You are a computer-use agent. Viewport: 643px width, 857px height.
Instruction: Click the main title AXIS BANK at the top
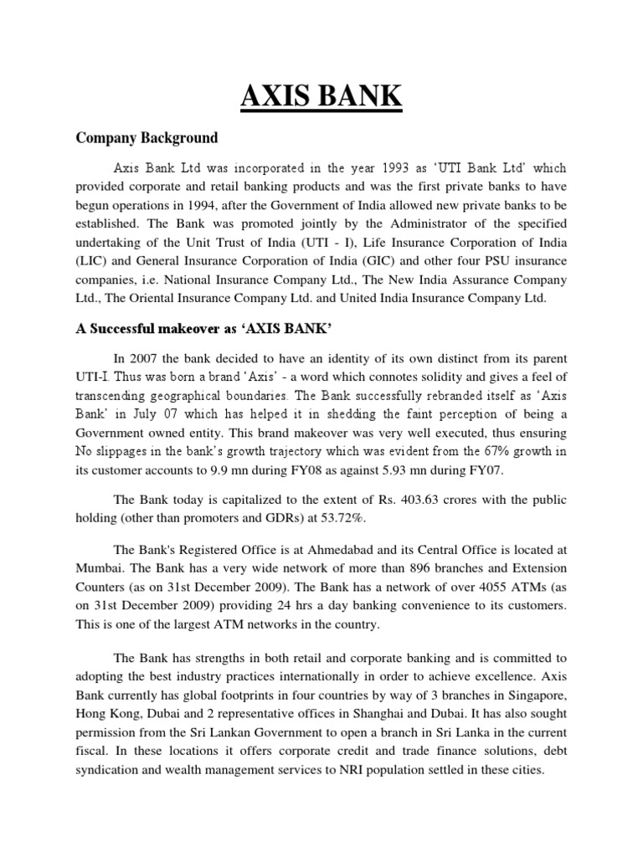[x=321, y=96]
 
